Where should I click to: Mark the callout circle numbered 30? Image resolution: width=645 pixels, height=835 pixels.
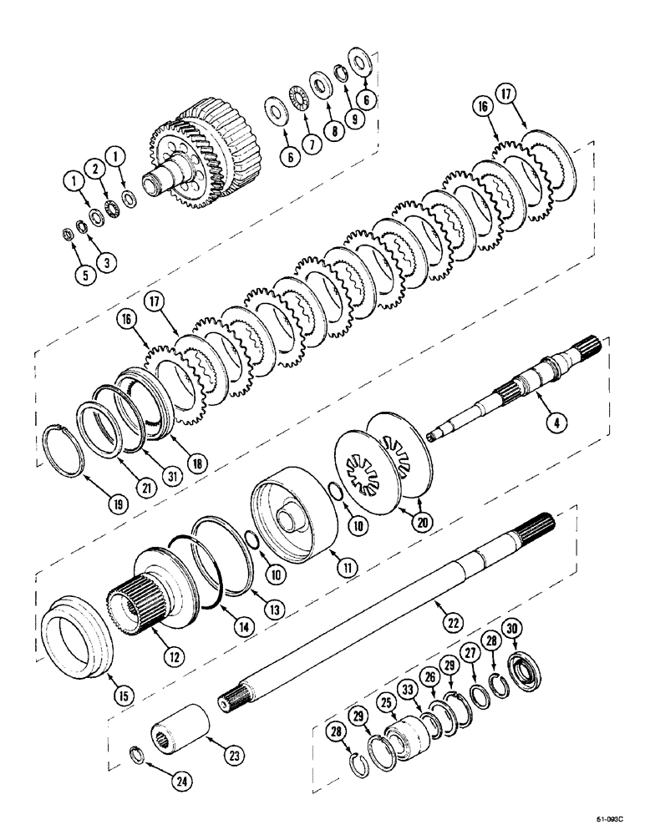point(511,629)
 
